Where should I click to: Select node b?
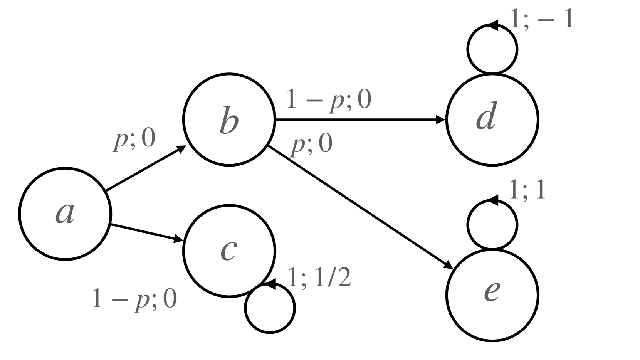coord(230,120)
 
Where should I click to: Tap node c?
coord(230,251)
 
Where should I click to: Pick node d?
coord(492,120)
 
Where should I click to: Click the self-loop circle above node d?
coord(492,49)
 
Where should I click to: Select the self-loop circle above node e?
coord(492,224)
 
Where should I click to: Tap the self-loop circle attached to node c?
coord(270,308)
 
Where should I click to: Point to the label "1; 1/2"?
coord(319,279)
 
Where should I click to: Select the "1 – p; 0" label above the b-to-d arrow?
coord(328,100)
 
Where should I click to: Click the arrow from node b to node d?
coord(360,120)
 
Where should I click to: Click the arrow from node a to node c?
coord(146,233)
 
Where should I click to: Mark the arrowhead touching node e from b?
coord(448,266)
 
